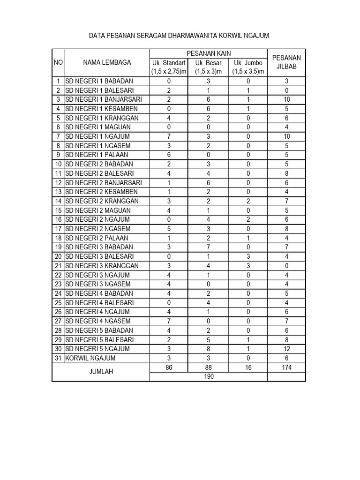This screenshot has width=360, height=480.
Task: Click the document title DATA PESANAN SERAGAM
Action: pos(179,36)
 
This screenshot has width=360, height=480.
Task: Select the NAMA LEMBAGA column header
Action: pos(107,62)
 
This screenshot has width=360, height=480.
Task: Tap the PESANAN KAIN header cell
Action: pos(209,53)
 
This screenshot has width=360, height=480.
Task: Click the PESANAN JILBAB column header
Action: pos(286,62)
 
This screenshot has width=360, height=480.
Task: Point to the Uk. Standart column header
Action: pos(169,67)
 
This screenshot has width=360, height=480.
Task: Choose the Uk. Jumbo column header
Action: pos(248,67)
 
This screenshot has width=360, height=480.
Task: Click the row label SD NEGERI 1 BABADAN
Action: pos(99,81)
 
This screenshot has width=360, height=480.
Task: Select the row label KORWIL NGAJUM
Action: pos(91,358)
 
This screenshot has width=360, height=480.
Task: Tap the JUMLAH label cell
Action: pos(101,372)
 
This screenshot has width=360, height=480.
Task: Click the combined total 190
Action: pos(209,377)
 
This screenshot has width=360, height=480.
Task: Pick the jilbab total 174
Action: pos(286,367)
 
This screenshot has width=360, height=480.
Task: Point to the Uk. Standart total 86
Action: pos(169,367)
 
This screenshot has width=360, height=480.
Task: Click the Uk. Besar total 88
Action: pos(209,367)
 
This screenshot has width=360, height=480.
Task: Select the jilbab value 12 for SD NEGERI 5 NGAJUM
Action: pos(286,349)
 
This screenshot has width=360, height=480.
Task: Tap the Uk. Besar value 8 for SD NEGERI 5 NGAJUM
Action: pos(209,349)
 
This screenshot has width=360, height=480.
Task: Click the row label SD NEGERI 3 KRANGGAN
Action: pos(102,266)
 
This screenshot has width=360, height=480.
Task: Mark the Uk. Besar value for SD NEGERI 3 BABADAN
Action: pos(209,247)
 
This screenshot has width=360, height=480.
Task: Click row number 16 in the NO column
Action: pos(58,219)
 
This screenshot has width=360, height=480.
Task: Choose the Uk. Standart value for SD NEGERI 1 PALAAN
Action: pos(169,155)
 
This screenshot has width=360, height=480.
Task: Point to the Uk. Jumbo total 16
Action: pos(248,367)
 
